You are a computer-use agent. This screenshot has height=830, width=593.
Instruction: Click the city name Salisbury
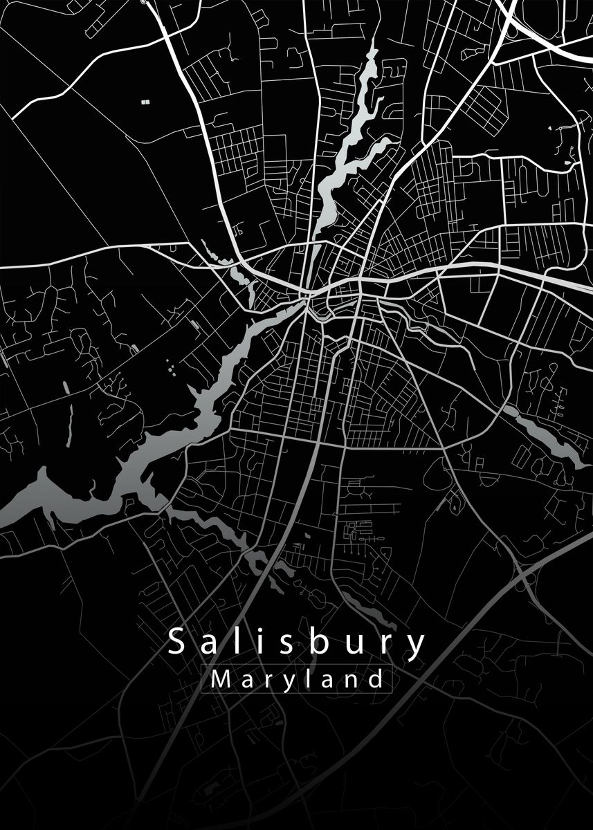pyautogui.click(x=297, y=643)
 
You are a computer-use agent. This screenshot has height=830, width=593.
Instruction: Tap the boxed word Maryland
pyautogui.click(x=297, y=679)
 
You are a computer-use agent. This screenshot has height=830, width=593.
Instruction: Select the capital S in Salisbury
pyautogui.click(x=176, y=643)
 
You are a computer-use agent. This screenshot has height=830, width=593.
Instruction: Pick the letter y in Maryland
pyautogui.click(x=287, y=683)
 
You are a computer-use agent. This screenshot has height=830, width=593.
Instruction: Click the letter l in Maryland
pyautogui.click(x=307, y=679)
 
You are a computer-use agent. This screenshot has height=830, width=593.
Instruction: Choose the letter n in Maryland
pyautogui.click(x=351, y=681)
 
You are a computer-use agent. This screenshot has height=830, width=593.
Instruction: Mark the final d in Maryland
pyautogui.click(x=374, y=679)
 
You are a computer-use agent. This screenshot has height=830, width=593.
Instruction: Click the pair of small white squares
pyautogui.click(x=145, y=102)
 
